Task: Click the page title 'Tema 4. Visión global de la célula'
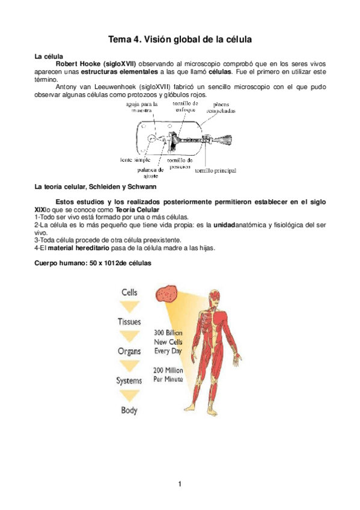179,40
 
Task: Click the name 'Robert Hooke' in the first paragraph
78,64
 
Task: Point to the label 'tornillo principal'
215,170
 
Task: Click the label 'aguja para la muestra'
142,106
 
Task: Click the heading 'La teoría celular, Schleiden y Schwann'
96,188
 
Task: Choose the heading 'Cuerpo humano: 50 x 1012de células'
93,263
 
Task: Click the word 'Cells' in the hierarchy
130,292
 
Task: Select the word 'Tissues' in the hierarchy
129,322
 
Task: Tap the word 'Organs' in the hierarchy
129,351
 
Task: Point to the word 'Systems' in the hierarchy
129,381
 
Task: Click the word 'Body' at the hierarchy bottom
129,411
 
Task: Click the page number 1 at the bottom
179,484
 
